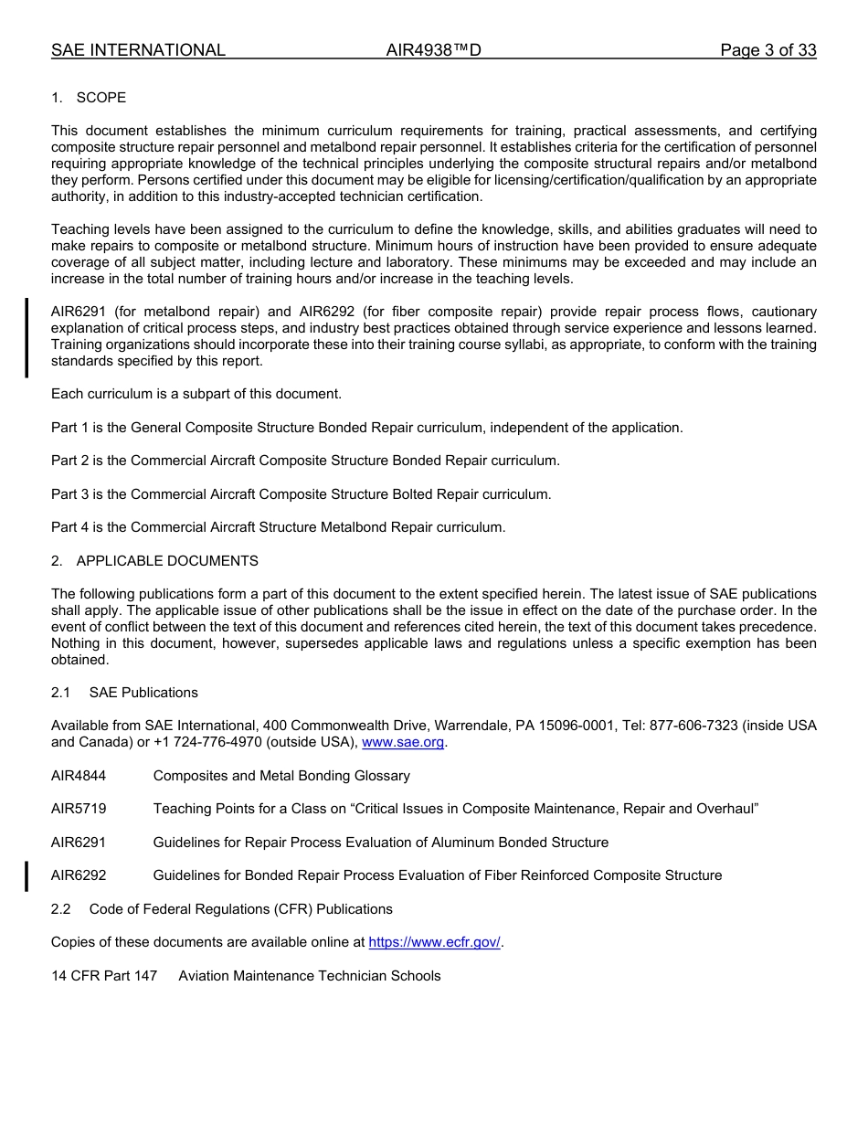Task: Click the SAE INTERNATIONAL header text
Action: [x=138, y=50]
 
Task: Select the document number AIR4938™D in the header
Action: [x=433, y=50]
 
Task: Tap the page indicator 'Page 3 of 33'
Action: [x=767, y=50]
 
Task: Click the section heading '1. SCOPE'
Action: [x=89, y=98]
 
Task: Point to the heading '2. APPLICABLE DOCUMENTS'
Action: [x=154, y=561]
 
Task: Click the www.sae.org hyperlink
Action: [x=403, y=743]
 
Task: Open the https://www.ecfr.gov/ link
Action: [x=434, y=943]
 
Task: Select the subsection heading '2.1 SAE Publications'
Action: [x=124, y=693]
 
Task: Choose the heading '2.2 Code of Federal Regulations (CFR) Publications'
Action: [x=222, y=909]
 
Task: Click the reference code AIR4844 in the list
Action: [x=79, y=776]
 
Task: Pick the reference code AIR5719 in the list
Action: [x=79, y=809]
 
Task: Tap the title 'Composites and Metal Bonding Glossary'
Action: [x=281, y=776]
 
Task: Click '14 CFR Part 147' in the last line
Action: [x=104, y=976]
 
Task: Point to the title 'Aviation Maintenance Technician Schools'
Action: [x=310, y=976]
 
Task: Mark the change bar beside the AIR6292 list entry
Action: [x=26, y=875]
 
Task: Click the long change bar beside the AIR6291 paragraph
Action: [x=26, y=337]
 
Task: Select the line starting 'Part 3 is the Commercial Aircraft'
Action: [x=301, y=494]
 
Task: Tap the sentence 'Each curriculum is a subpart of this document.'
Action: [x=196, y=394]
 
